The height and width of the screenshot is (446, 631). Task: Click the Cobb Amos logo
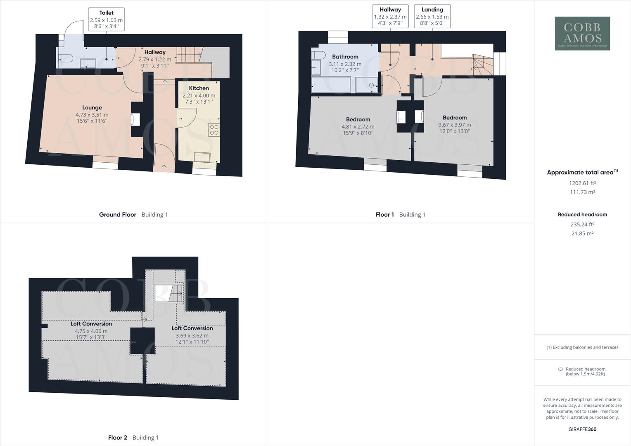[582, 33]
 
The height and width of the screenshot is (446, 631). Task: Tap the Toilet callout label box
[106, 19]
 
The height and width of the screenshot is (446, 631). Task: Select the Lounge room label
[92, 107]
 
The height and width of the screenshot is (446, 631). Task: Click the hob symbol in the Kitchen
[214, 130]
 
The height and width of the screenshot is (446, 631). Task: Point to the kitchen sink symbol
[202, 157]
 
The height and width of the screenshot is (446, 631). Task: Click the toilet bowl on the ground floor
[66, 58]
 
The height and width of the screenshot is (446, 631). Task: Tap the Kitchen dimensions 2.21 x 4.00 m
[199, 95]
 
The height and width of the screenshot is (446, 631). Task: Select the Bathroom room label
[345, 57]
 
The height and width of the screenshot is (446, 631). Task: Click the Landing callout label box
[432, 17]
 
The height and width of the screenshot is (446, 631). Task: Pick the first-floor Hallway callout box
[390, 17]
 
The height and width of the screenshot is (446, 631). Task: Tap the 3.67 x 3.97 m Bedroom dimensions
[454, 125]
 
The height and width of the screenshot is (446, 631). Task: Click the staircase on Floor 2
[169, 294]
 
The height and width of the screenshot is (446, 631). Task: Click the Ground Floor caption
[117, 214]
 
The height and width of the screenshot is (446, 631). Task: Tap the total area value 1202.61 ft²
[582, 183]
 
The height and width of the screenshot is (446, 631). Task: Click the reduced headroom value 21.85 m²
[582, 233]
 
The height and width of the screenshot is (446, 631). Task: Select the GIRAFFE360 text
[582, 429]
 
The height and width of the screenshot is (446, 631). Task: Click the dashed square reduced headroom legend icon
[560, 369]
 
